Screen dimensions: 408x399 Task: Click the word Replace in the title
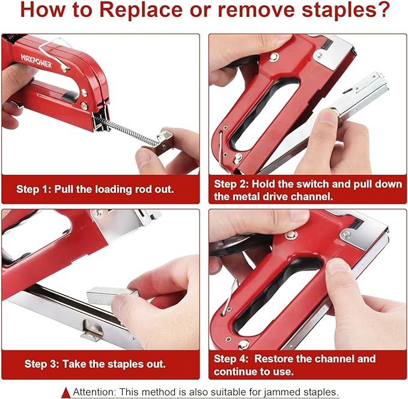[141, 10]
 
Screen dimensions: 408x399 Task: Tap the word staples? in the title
[346, 10]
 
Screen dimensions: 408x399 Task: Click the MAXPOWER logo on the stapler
[37, 61]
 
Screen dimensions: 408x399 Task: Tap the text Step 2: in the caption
[231, 184]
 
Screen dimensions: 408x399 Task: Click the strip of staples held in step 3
[112, 295]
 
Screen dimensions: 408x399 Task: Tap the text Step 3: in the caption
[41, 364]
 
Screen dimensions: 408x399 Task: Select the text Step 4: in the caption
[231, 359]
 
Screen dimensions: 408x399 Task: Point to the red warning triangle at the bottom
[66, 392]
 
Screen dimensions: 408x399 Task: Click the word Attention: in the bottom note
[94, 392]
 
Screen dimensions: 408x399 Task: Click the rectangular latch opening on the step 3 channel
[93, 328]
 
